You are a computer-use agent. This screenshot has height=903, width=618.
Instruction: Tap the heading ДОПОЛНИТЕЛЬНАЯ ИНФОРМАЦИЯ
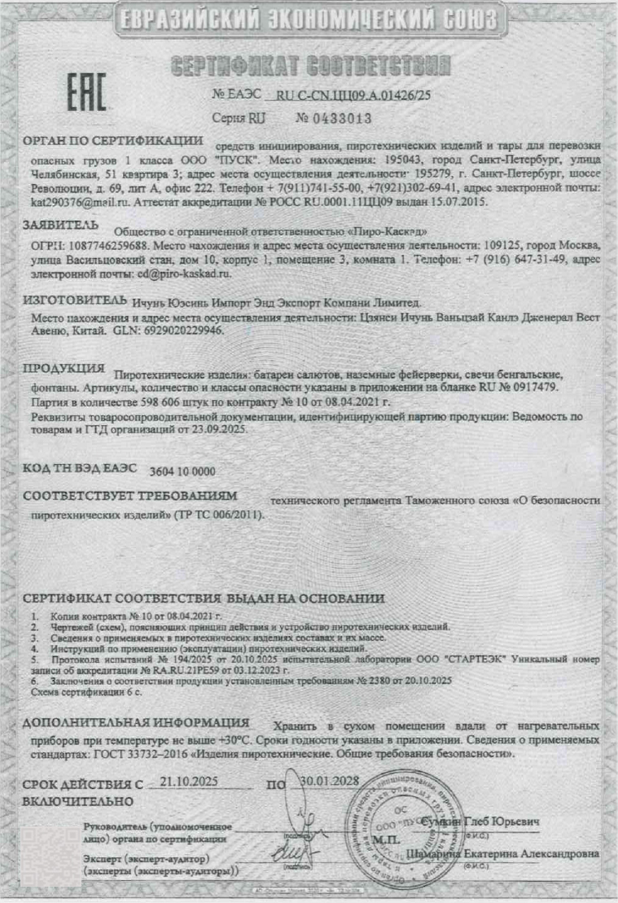click(x=136, y=722)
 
